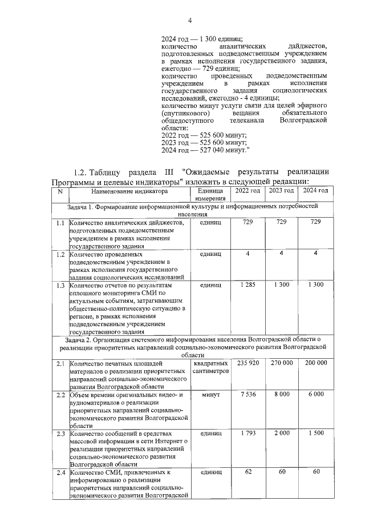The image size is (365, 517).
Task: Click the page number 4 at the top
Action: coord(182,21)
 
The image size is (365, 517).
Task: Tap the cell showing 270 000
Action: coord(281,363)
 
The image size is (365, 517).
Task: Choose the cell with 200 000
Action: coord(315,363)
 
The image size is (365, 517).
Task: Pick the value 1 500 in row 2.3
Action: coord(315,434)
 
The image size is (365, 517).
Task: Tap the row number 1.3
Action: coord(60,284)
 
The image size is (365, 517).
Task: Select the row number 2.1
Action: coord(60,363)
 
